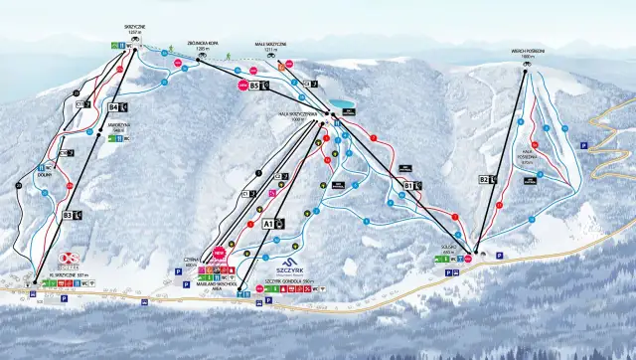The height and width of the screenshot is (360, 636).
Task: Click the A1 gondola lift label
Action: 268,225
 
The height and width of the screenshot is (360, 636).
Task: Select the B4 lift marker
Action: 114,105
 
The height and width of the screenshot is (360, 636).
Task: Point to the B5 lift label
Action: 254,87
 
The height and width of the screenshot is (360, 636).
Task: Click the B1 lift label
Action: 407,184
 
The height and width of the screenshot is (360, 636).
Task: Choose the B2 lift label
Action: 484,179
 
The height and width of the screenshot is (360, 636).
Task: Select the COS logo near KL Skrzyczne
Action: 69,260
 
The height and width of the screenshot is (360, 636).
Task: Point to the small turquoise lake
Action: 342,103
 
